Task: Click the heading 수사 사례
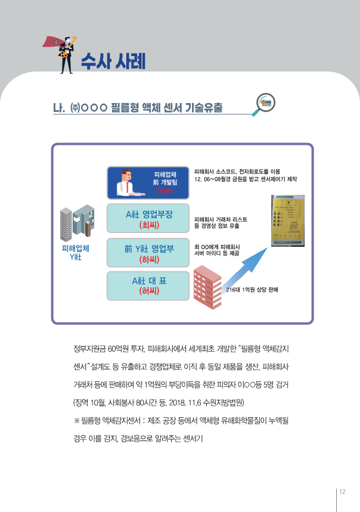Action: click(113, 60)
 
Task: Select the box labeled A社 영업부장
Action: click(148, 219)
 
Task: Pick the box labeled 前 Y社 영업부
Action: click(148, 253)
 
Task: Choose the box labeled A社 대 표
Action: click(148, 286)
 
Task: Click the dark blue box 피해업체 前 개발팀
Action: click(148, 183)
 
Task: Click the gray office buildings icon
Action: click(77, 222)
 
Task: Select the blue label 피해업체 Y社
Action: click(76, 252)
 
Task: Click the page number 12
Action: click(342, 492)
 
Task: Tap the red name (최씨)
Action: click(147, 226)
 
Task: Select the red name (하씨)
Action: click(147, 260)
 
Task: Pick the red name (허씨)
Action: click(147, 291)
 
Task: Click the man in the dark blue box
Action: click(126, 184)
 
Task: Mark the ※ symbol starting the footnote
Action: click(76, 421)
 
